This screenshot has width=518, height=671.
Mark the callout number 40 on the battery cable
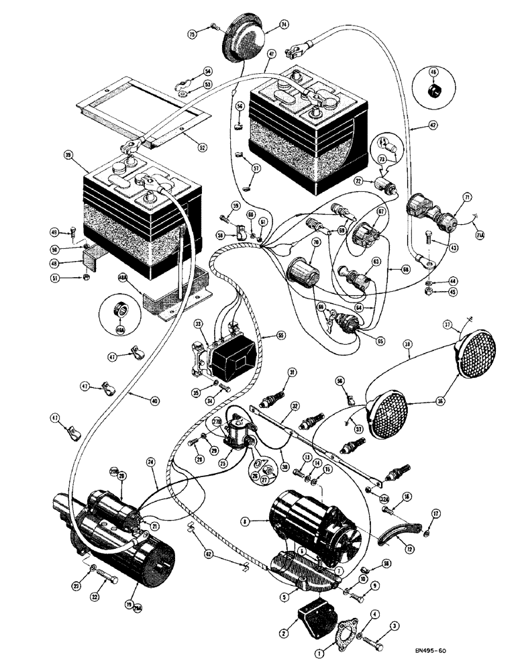(154, 401)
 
